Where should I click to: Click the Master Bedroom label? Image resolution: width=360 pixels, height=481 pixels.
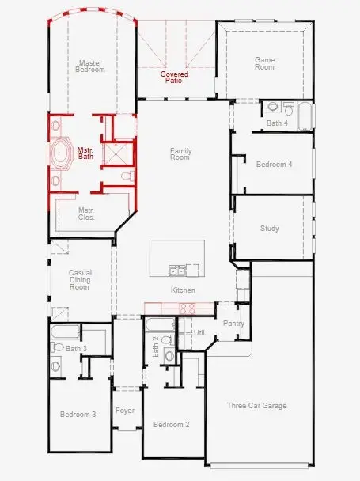tap(91, 66)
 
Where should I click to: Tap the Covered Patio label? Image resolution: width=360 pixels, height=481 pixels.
tap(175, 78)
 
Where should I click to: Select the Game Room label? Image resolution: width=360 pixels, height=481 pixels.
tap(264, 63)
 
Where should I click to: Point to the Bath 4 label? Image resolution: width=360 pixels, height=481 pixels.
tap(276, 123)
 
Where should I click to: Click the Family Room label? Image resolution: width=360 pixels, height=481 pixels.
tap(180, 154)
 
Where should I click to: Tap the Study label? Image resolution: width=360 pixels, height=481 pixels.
tap(269, 229)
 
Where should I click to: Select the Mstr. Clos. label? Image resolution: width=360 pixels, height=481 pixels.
tap(86, 214)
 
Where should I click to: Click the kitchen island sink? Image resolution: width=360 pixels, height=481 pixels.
tap(177, 271)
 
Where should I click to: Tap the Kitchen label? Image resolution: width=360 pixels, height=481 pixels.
tap(183, 290)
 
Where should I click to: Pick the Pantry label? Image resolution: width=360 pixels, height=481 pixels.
tap(233, 323)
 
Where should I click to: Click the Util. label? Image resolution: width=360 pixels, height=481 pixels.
tap(200, 333)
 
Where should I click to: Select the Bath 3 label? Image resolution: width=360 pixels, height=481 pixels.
tap(76, 348)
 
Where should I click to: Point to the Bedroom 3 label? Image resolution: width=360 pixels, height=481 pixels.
tap(78, 414)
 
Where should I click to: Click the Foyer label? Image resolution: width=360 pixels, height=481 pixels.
tap(125, 411)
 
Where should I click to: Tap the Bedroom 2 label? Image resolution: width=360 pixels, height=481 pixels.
tap(171, 425)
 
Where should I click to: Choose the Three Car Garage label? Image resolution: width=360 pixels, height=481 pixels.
tap(257, 406)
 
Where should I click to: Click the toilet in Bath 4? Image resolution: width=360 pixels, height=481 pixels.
tap(273, 107)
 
